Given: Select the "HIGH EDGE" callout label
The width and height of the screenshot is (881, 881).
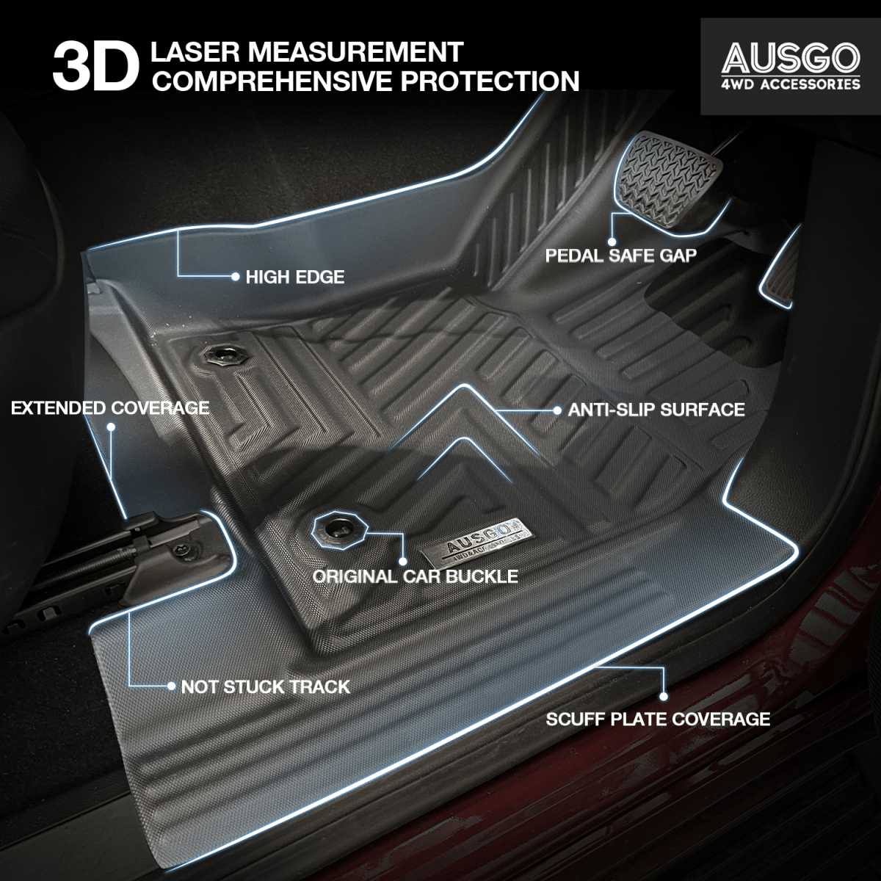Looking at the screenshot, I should coord(294,277).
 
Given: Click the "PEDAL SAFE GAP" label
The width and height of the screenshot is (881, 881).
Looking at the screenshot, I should coord(620,255).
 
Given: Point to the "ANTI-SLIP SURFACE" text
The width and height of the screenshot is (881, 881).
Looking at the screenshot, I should coord(656,409).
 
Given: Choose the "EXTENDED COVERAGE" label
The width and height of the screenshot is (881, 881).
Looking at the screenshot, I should coord(110,407).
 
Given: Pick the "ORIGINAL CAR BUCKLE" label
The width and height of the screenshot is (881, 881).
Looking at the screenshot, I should coord(415,576).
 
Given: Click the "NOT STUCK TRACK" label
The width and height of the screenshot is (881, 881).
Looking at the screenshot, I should coord(265,687).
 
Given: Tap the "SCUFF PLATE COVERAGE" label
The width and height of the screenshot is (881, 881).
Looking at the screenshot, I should coord(658,718).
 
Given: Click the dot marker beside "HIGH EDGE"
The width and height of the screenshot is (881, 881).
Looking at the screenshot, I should coord(235,277).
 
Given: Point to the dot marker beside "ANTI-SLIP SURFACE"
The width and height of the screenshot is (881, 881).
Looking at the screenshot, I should coord(556,409).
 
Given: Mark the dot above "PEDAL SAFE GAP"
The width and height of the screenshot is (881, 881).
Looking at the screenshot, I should coord(611,239).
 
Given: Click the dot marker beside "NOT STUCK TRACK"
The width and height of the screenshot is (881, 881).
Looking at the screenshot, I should coord(171,687).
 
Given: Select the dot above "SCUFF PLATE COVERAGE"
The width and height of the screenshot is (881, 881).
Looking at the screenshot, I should coord(663,696).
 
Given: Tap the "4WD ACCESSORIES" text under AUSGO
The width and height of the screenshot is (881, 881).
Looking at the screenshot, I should coord(790,84).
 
